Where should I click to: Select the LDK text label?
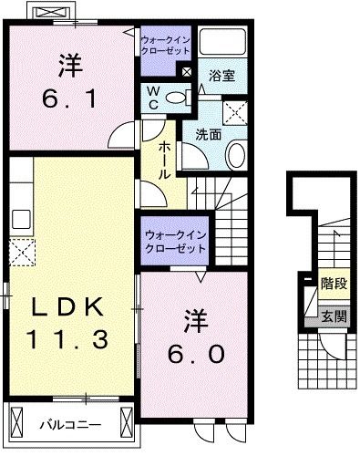pyautogui.click(x=66, y=307)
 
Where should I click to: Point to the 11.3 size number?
pyautogui.click(x=66, y=339)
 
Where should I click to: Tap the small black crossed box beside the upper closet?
pyautogui.click(x=187, y=71)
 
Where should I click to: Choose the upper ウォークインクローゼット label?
pyautogui.click(x=164, y=46)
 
